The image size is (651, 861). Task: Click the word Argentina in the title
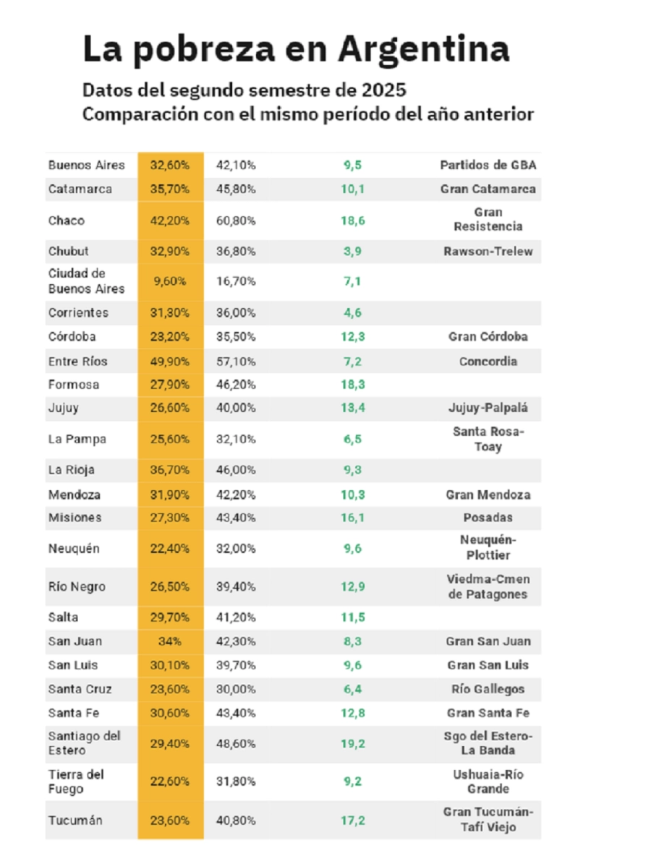pos(423,49)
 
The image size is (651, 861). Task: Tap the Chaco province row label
pos(66,220)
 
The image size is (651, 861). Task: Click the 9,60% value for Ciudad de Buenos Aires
pos(170,281)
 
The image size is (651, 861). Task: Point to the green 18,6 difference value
pos(352,220)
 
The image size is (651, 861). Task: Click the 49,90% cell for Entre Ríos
pos(170,361)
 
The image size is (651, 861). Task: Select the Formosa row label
pos(73,385)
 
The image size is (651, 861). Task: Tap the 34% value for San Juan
pos(170,641)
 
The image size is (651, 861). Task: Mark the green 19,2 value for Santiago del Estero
pos(352,744)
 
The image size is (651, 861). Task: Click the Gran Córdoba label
pos(488,337)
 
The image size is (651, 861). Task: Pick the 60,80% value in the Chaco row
pos(236,220)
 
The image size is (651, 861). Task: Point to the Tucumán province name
pos(75,821)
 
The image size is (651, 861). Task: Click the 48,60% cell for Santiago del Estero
pos(236,744)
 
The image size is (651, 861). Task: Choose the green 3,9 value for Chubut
pos(352,252)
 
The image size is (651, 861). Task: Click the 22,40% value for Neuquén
pos(170,549)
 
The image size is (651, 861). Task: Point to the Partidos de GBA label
pos(488,165)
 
